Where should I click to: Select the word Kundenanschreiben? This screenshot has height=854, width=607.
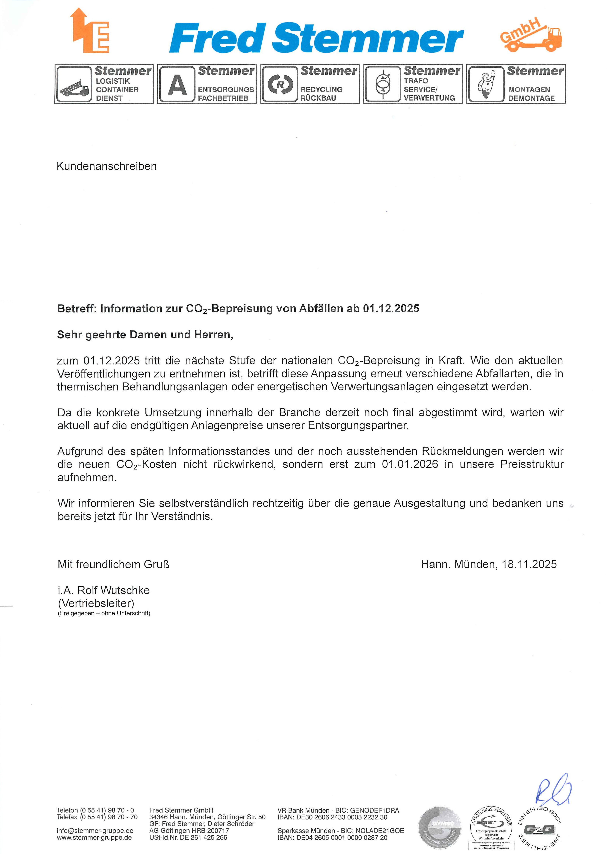[x=107, y=166]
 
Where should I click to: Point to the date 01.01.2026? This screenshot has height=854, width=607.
[x=410, y=464]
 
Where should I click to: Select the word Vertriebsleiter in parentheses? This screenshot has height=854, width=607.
[x=96, y=603]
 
